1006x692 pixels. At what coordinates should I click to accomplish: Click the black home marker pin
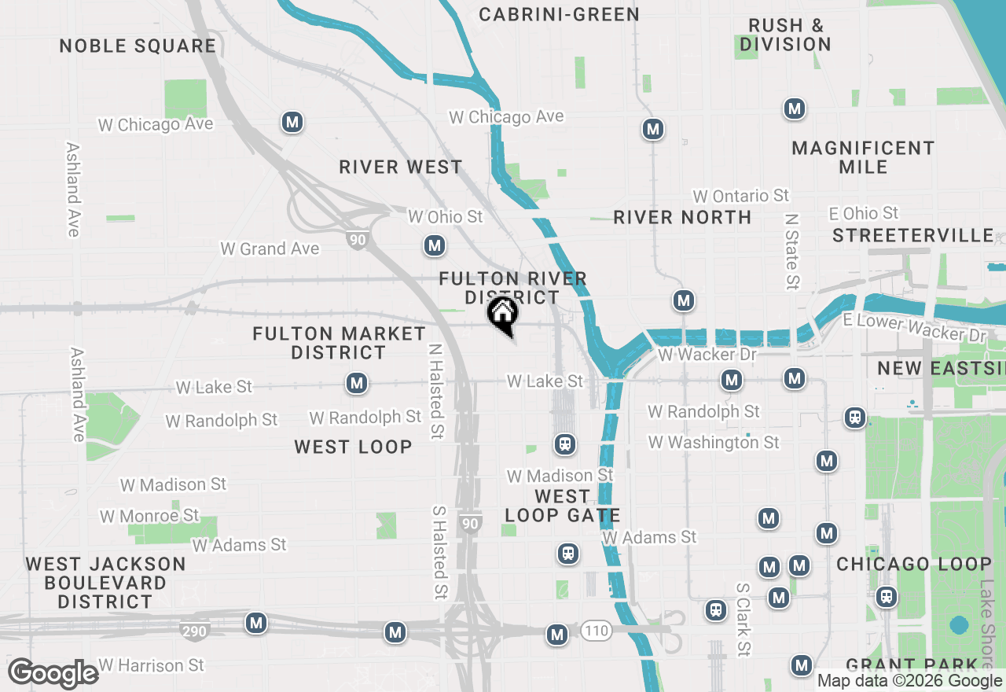point(503,314)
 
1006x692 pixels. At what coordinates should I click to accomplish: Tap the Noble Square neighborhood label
point(138,46)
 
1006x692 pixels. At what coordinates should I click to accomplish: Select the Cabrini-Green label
point(559,14)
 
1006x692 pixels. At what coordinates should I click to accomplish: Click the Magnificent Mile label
point(863,157)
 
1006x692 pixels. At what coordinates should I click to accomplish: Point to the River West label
point(401,167)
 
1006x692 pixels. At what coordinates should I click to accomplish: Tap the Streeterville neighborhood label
point(913,235)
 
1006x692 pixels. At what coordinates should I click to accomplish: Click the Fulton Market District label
point(339,343)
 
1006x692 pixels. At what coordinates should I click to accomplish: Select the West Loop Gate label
point(562,506)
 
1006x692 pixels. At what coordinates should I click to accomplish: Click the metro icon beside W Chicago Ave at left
point(292,122)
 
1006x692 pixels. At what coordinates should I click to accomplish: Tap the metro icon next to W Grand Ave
point(434,245)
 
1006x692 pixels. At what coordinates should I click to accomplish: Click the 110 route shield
point(597,630)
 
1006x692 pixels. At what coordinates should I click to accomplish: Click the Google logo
point(53,674)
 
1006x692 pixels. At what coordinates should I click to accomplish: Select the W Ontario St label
point(740,195)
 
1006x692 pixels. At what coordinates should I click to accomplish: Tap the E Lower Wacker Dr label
point(914,327)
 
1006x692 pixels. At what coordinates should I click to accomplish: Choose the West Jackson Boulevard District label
point(105,583)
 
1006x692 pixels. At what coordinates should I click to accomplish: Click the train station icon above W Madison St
point(564,444)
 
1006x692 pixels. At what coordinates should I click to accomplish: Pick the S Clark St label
point(743,620)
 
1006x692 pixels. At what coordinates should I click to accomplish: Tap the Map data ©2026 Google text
point(909,681)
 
